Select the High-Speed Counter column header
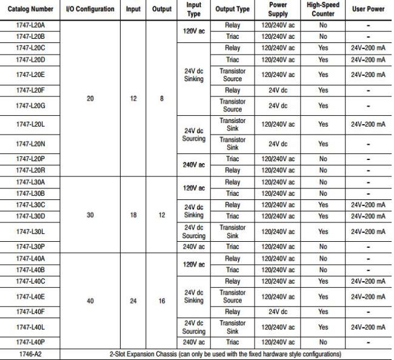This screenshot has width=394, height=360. pyautogui.click(x=323, y=9)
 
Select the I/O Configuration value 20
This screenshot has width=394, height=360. pyautogui.click(x=90, y=98)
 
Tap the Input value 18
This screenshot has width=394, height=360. pyautogui.click(x=133, y=215)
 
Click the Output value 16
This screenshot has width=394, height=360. pyautogui.click(x=162, y=301)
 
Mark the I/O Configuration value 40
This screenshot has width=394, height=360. pyautogui.click(x=90, y=301)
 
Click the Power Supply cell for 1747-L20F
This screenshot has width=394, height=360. pyautogui.click(x=278, y=90)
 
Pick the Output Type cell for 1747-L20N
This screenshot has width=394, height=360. pyautogui.click(x=232, y=144)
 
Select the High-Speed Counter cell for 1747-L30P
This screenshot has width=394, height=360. pyautogui.click(x=323, y=247)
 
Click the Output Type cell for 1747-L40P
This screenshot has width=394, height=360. pyautogui.click(x=232, y=342)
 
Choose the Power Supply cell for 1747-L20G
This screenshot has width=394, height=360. pyautogui.click(x=278, y=105)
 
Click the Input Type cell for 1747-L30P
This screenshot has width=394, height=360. pyautogui.click(x=194, y=247)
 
